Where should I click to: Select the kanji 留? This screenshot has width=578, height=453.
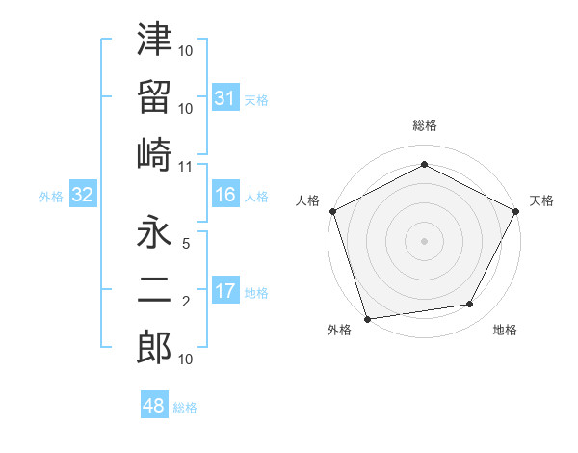[x=154, y=95]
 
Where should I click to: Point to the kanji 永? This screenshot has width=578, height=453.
[x=154, y=233]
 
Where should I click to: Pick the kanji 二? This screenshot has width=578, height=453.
[x=154, y=291]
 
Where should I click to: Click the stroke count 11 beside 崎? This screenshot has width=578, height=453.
[x=186, y=167]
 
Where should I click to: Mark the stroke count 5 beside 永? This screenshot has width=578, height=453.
[x=186, y=245]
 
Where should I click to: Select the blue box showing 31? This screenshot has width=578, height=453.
[x=224, y=98]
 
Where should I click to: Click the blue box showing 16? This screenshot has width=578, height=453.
[x=224, y=196]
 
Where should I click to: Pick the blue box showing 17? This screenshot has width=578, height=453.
[x=224, y=292]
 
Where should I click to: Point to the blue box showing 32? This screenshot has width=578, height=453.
[x=82, y=196]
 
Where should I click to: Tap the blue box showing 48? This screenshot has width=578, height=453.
[x=154, y=406]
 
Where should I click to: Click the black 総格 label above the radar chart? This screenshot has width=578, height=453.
[x=424, y=125]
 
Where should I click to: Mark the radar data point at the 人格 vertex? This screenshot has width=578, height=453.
[x=331, y=210]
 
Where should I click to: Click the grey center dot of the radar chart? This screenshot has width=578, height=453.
[x=424, y=240]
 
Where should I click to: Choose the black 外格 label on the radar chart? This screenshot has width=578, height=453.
[x=339, y=330]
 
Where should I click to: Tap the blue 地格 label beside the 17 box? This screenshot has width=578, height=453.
[x=257, y=293]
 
